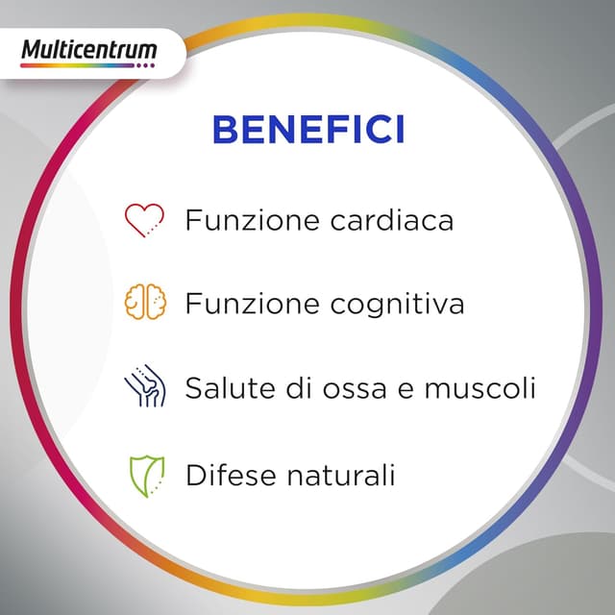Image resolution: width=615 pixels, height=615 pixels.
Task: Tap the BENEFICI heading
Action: pyautogui.click(x=307, y=129)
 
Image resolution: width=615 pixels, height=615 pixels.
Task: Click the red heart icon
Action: pyautogui.click(x=145, y=219)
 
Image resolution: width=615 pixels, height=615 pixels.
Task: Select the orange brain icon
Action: pyautogui.click(x=145, y=303)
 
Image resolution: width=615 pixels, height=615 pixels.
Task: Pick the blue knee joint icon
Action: pyautogui.click(x=145, y=386)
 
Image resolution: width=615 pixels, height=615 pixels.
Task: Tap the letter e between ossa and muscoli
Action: pyautogui.click(x=396, y=391)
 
